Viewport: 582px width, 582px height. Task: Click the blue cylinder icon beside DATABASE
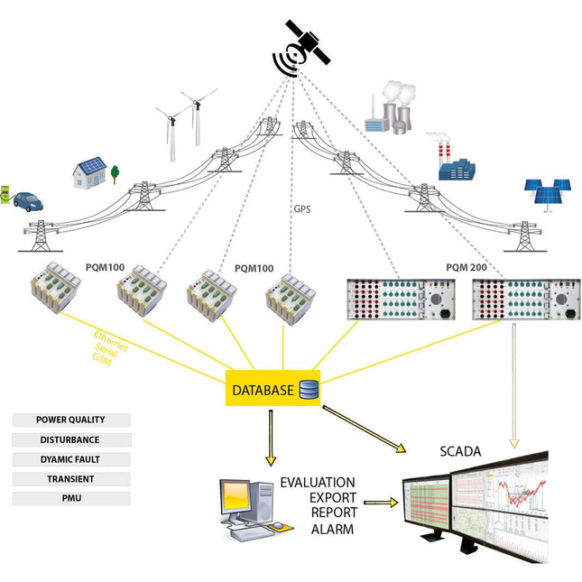(309, 390)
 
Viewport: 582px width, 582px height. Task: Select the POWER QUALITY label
(71, 420)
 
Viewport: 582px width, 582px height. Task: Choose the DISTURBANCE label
(71, 439)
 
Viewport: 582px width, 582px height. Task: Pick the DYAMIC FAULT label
(71, 459)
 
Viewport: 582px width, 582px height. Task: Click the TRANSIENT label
(71, 479)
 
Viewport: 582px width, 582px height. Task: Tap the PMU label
(71, 498)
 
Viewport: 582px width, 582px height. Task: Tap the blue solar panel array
(549, 193)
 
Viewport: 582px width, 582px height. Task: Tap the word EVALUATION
(317, 482)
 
